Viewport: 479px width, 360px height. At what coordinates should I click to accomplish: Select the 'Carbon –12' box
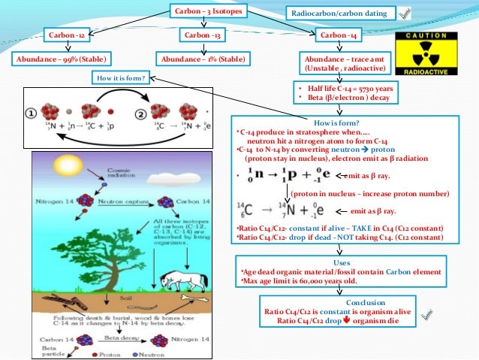[68, 35]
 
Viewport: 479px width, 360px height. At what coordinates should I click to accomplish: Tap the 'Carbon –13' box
[205, 35]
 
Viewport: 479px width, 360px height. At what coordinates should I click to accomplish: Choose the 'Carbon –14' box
[339, 35]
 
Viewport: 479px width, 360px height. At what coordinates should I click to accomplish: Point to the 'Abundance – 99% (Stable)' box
[61, 59]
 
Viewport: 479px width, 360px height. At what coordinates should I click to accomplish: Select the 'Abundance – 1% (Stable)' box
[203, 59]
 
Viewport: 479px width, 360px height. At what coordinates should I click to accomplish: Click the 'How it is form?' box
[120, 77]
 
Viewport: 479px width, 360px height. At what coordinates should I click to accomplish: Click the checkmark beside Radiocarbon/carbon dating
[405, 13]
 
